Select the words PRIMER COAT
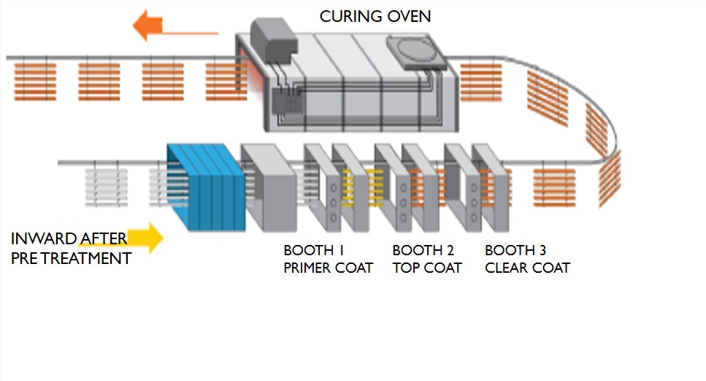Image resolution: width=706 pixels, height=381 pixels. pyautogui.click(x=328, y=268)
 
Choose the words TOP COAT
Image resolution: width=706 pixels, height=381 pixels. pyautogui.click(x=427, y=268)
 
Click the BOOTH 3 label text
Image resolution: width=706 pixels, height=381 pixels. pyautogui.click(x=515, y=250)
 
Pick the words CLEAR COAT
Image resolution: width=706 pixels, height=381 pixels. pyautogui.click(x=527, y=268)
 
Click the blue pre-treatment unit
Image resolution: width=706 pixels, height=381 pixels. pyautogui.click(x=203, y=186)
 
